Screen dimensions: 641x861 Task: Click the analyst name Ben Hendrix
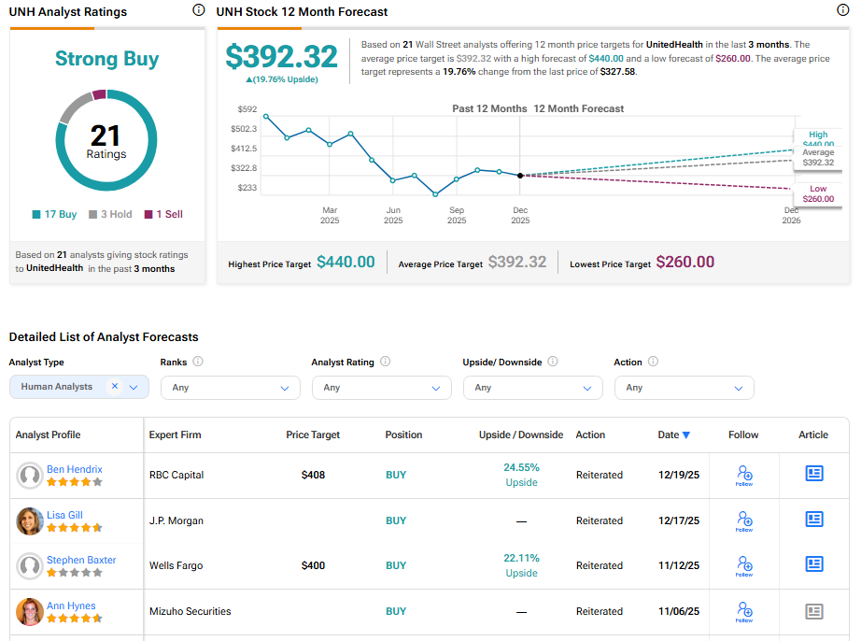click(75, 469)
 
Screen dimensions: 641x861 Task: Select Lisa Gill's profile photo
click(30, 521)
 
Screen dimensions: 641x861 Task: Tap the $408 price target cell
click(313, 475)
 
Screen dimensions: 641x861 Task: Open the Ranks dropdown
click(230, 388)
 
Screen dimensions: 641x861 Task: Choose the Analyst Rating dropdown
click(381, 388)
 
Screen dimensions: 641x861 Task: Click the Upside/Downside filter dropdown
click(532, 388)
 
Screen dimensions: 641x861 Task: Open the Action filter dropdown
click(684, 388)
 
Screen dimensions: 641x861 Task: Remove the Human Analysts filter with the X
click(115, 387)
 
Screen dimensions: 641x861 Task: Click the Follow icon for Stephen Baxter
click(744, 565)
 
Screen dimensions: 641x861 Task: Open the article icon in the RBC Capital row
click(814, 474)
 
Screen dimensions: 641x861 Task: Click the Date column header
click(673, 434)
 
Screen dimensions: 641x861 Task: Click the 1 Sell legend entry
click(163, 214)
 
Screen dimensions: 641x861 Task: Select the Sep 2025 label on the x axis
click(457, 215)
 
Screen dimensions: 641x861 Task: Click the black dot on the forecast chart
click(520, 175)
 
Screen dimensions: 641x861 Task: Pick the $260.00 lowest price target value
click(685, 263)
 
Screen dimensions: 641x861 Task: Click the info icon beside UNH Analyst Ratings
click(198, 10)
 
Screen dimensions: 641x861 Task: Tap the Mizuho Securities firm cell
click(191, 611)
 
